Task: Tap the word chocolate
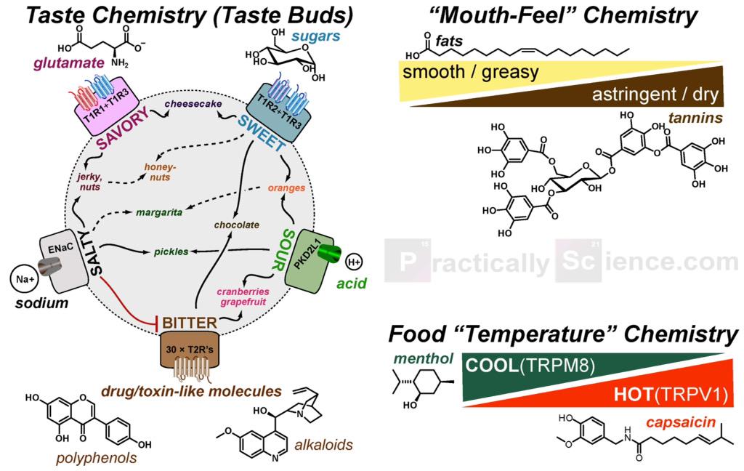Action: pos(237,225)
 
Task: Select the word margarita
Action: pos(158,212)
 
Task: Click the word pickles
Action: pos(171,251)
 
